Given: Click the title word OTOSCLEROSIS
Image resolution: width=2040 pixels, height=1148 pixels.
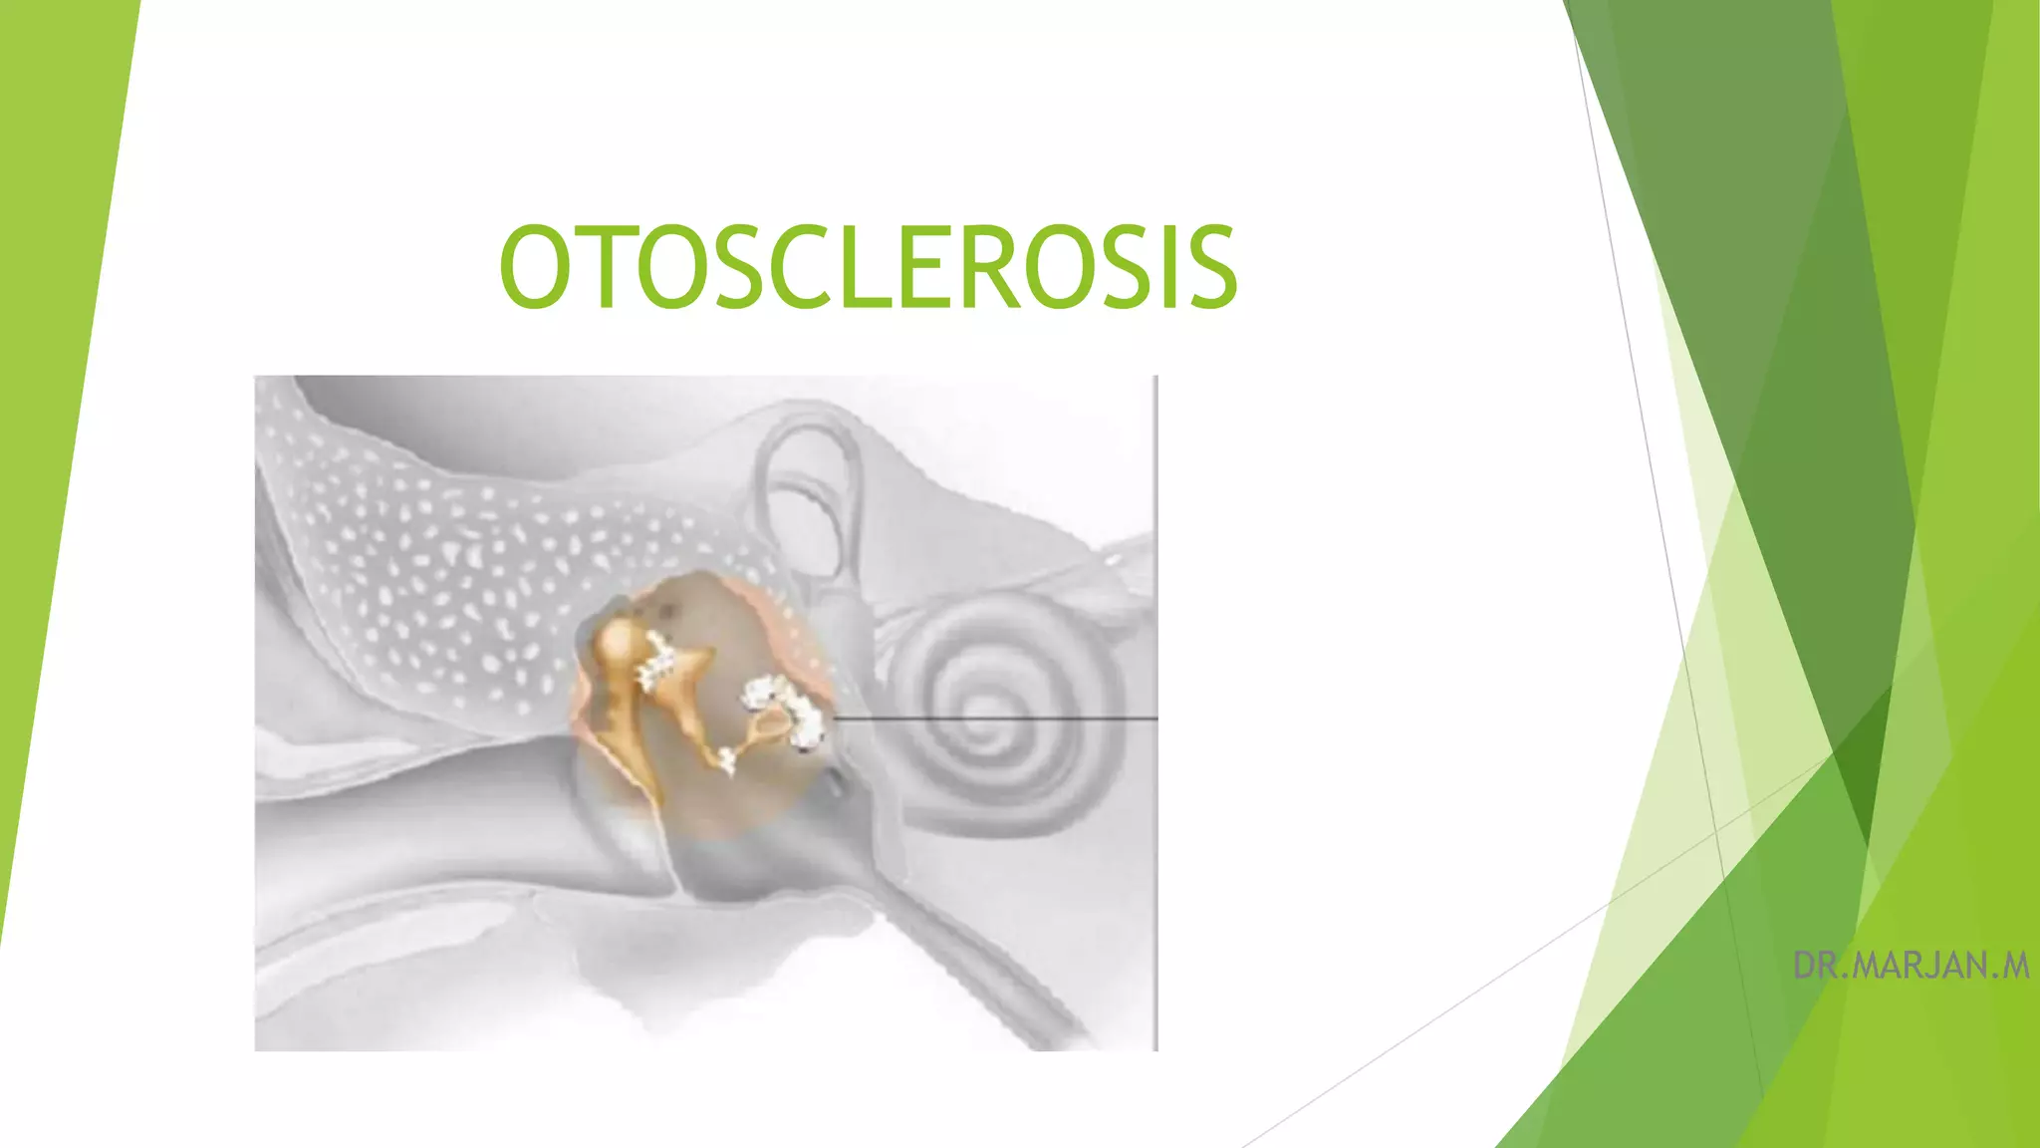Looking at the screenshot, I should pos(868,267).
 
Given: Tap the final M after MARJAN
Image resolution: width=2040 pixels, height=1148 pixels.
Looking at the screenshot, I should pos(2016,966).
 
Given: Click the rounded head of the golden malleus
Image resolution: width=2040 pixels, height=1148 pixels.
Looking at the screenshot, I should pos(619,639).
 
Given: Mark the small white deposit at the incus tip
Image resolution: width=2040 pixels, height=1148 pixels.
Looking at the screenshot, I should pos(728,762).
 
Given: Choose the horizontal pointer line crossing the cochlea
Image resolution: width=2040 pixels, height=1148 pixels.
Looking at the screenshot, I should pos(996,717).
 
